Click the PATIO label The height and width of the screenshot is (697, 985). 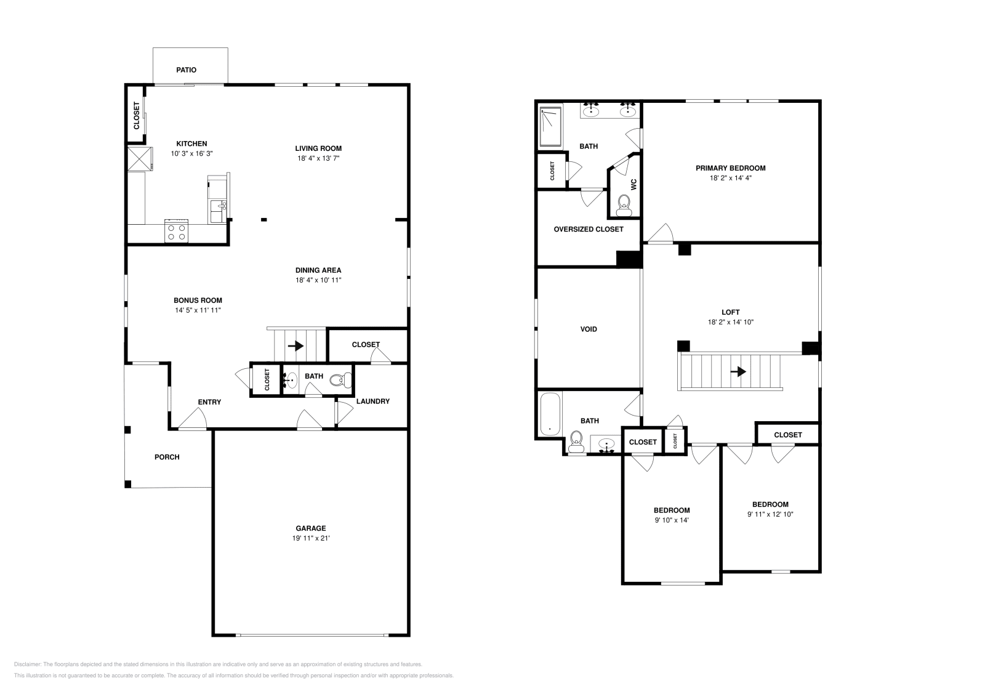(186, 70)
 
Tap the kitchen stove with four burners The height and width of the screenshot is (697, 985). (177, 232)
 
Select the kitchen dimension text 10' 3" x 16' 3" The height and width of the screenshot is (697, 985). (192, 153)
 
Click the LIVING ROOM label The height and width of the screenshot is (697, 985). (318, 148)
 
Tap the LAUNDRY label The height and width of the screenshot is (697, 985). (372, 401)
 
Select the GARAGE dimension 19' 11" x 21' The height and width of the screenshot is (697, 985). (311, 538)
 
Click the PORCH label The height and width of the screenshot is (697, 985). (167, 457)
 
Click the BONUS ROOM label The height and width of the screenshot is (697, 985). (198, 300)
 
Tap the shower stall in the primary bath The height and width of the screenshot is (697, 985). (551, 127)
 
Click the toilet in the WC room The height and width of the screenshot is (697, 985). (624, 204)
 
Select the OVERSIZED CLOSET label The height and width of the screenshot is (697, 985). (588, 229)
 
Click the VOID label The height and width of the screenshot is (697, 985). (589, 329)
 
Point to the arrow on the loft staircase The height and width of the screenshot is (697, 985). (738, 372)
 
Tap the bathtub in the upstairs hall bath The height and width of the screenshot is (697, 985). (549, 415)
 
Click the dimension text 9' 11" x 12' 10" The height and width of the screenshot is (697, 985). (770, 514)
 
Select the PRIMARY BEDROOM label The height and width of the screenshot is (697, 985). (730, 168)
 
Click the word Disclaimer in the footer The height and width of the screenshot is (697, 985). (26, 664)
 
